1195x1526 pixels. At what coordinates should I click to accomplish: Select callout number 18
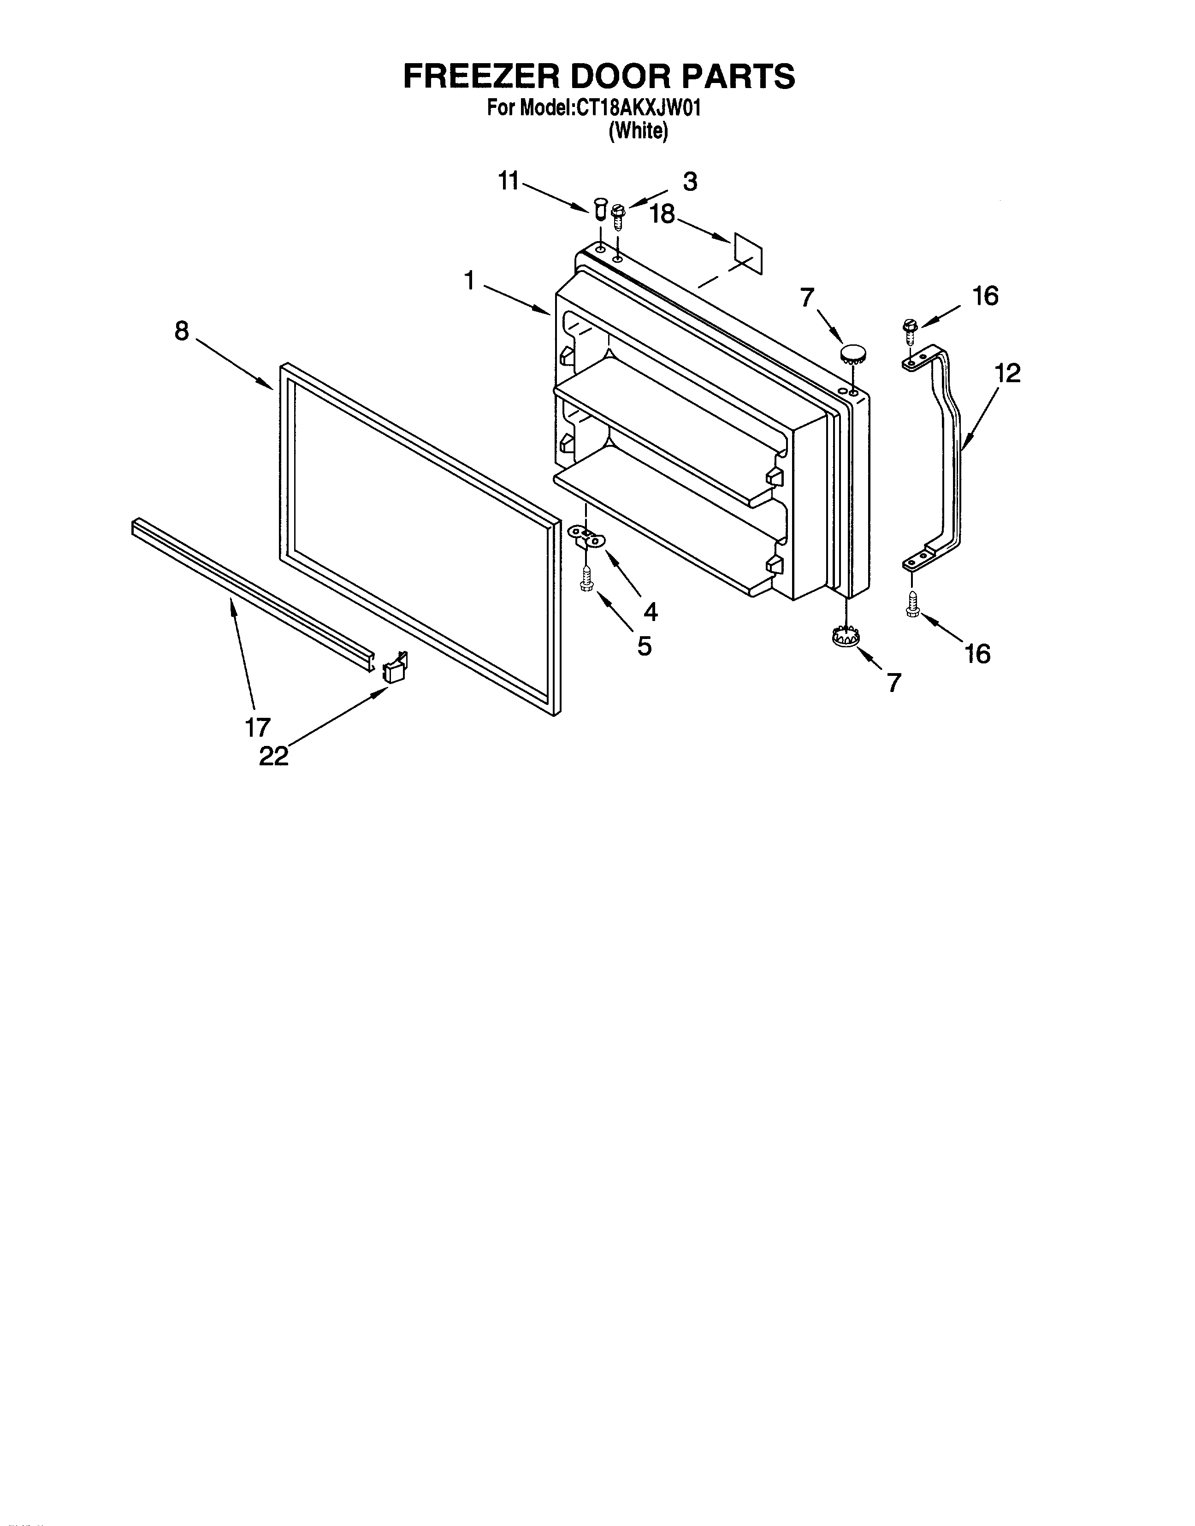[x=662, y=214]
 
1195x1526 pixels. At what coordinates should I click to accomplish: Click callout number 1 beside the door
[x=469, y=281]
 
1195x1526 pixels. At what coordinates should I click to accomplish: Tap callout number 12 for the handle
[x=1007, y=373]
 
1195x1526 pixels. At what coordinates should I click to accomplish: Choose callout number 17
[x=257, y=728]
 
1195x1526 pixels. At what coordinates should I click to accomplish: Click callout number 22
[x=273, y=757]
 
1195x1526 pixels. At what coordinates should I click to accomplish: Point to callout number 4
[x=650, y=613]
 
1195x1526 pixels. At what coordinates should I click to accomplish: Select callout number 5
[x=645, y=646]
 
